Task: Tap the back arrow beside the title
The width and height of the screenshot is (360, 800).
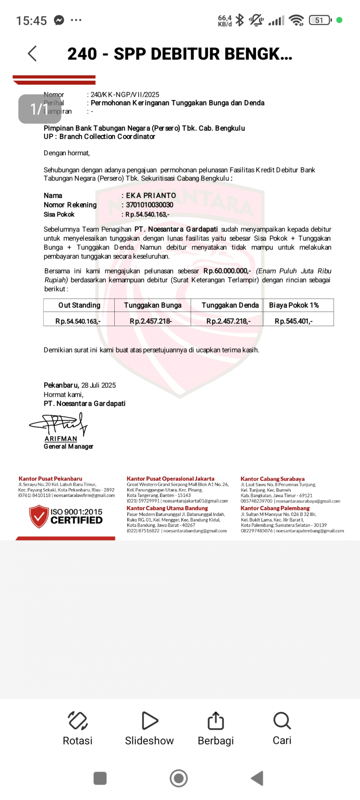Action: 32,54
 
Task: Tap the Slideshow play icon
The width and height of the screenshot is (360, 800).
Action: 149,720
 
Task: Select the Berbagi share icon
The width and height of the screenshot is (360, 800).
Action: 216,720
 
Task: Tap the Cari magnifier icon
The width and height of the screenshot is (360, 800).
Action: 282,720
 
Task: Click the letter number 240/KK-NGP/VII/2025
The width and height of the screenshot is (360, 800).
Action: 125,95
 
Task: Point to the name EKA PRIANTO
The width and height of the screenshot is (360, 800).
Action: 151,195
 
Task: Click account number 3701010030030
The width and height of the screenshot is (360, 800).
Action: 149,205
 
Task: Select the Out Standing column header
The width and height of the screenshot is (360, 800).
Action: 79,305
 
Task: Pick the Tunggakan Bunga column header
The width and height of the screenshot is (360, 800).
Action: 153,305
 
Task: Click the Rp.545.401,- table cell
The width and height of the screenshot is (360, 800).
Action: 294,321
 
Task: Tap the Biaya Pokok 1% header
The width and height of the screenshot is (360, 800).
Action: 294,305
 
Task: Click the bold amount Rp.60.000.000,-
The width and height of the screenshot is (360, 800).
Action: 227,271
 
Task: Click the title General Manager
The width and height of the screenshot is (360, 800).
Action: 68,447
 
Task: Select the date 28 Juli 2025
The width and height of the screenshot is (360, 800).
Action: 99,385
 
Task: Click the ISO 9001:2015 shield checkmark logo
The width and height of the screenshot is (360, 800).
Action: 39,516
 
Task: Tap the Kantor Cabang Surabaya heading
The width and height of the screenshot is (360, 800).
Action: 273,479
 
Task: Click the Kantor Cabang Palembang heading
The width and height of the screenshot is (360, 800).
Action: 275,508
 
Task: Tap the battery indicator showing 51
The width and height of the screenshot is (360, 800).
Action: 320,20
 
